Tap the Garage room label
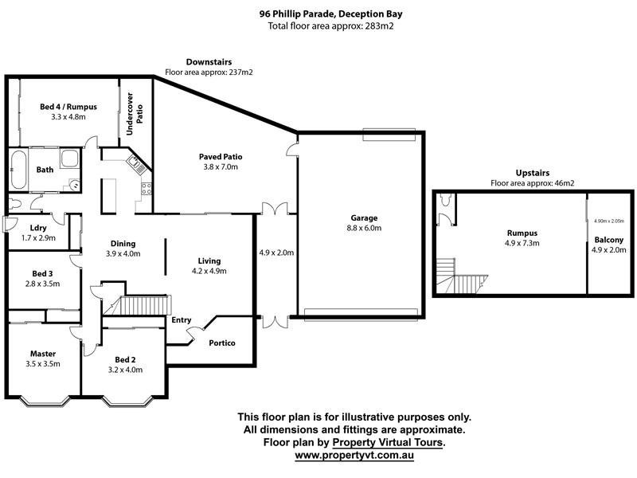pos(363,217)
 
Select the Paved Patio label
pos(220,157)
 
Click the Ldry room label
pos(16,227)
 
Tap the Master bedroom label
pos(43,354)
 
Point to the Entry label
pos(182,320)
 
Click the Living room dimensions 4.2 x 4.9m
pos(209,271)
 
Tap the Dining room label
pos(123,244)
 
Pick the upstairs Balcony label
pos(608,240)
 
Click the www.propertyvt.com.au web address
pos(354,456)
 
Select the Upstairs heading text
pos(533,172)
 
